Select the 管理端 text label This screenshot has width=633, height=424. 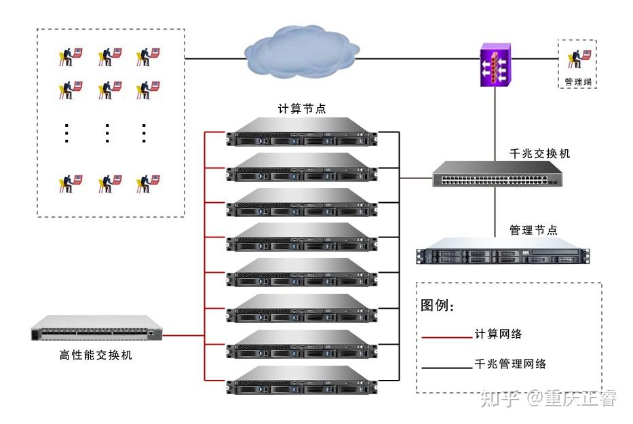577,82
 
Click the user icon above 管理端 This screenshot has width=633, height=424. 577,58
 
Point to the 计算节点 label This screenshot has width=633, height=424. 302,109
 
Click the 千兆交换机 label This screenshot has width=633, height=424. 540,154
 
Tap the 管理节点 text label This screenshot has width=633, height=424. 533,231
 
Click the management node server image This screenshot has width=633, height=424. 503,250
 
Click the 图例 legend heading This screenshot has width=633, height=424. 438,306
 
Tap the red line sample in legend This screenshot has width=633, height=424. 446,336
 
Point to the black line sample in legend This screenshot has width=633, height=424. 446,367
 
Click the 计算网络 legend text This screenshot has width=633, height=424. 499,334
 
